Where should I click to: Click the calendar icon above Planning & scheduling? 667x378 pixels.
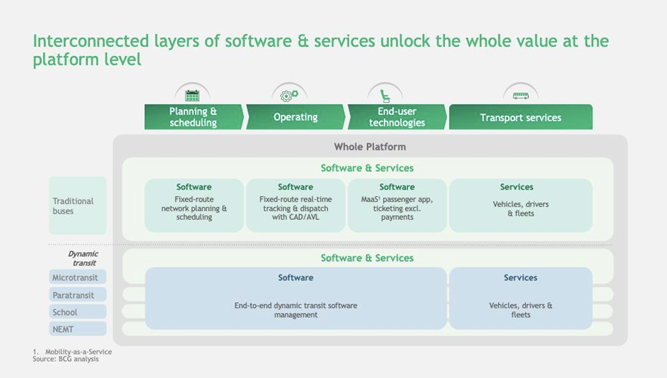[x=192, y=95]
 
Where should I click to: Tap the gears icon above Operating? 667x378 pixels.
[x=289, y=95]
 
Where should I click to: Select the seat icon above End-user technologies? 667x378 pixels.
[x=385, y=95]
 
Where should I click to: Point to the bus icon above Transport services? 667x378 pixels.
[x=521, y=95]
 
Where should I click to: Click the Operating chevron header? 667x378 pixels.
[x=295, y=117]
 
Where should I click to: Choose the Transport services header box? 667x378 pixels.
[x=520, y=117]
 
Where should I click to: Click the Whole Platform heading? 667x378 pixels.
[x=370, y=147]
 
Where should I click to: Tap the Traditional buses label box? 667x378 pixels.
[x=77, y=206]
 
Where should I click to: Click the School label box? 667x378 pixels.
[x=77, y=312]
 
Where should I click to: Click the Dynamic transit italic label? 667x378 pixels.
[x=83, y=258]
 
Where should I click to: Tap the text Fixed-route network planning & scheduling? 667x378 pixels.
[x=194, y=208]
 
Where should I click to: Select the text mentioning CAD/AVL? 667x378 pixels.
[x=295, y=208]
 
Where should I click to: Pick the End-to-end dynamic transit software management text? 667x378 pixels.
[x=295, y=310]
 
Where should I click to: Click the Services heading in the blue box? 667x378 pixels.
[x=520, y=278]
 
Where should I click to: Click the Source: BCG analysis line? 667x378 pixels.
[x=65, y=359]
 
